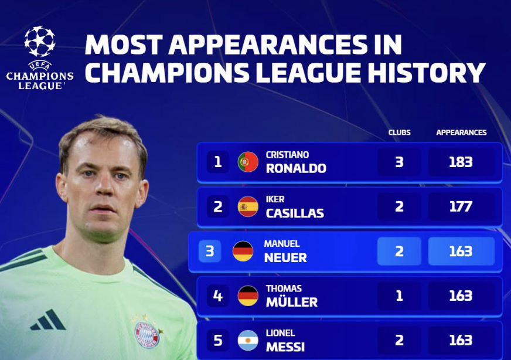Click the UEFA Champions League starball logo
40,41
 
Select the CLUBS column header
399,133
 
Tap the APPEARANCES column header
461,133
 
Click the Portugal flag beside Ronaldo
248,162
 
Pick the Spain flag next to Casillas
248,206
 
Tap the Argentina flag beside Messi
248,341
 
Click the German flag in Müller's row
248,296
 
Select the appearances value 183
461,162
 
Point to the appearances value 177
461,207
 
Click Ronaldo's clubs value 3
399,162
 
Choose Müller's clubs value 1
399,296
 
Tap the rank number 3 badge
210,251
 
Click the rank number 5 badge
217,341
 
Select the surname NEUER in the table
285,257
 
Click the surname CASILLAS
295,213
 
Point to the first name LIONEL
280,333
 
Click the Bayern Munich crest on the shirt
147,335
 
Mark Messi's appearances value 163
461,341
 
